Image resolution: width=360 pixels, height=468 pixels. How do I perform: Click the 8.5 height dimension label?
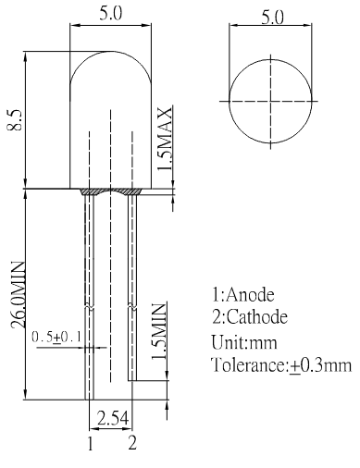[15, 119]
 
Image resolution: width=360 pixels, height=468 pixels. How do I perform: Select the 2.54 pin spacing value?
[113, 418]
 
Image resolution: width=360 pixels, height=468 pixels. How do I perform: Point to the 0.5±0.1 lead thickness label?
[56, 337]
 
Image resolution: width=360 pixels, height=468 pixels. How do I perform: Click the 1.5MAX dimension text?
[164, 139]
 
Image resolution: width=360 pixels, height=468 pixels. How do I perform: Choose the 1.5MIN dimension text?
[158, 332]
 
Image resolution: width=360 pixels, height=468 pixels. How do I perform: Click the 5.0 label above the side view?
[110, 14]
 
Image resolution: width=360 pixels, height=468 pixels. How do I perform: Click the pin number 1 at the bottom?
[90, 444]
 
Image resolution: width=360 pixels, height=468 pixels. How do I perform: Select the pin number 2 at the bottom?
[132, 442]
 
